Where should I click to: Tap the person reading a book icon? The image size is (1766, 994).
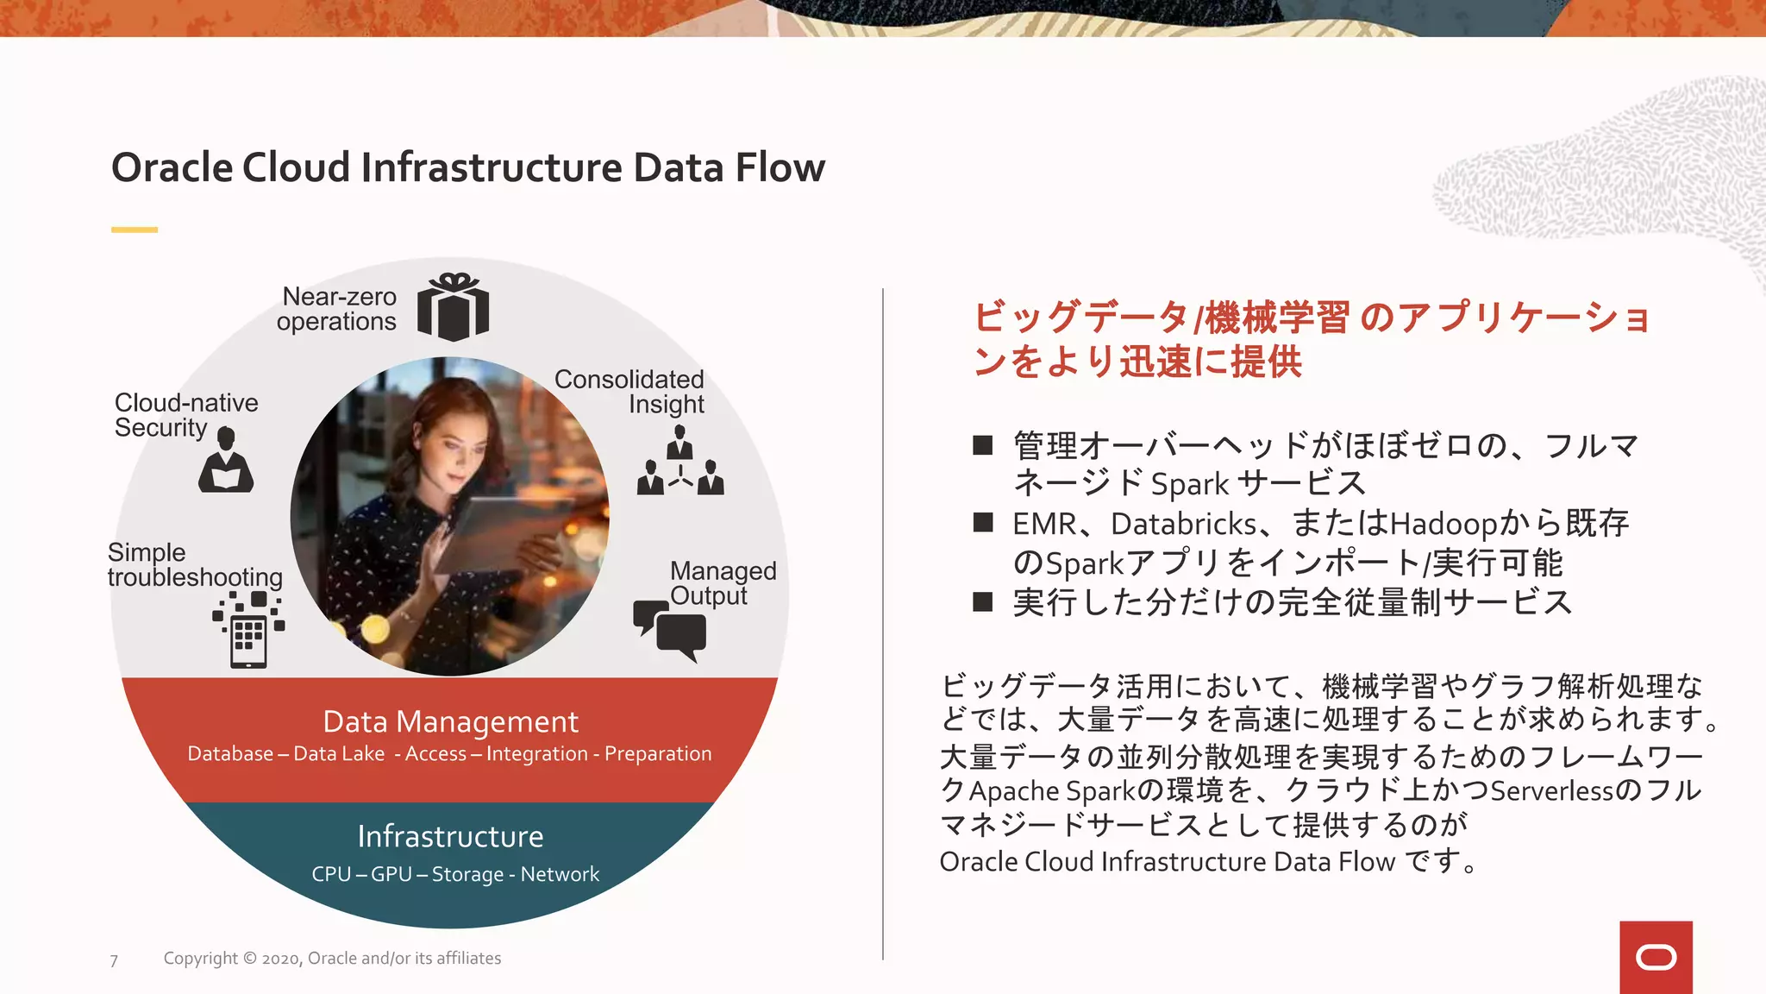[226, 461]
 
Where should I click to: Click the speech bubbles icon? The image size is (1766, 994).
[670, 629]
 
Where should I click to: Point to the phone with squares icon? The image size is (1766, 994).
[248, 631]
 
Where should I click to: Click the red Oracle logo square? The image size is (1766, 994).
[1656, 957]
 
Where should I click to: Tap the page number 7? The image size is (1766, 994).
[114, 960]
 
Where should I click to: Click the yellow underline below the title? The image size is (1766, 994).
[135, 230]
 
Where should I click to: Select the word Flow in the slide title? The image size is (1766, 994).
[780, 167]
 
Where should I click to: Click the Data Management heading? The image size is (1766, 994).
[450, 721]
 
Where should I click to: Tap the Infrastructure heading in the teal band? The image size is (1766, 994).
[450, 836]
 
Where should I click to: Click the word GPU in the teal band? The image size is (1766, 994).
[391, 874]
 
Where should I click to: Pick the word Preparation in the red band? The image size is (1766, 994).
[658, 753]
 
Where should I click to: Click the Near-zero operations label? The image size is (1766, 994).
[337, 309]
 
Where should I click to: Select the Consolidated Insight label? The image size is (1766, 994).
[629, 392]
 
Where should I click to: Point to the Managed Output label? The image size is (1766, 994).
[723, 583]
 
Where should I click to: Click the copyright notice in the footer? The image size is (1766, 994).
[332, 958]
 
